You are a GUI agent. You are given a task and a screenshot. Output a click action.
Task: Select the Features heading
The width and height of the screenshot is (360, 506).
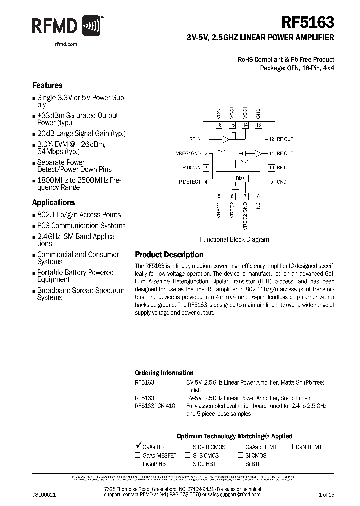[x=47, y=85]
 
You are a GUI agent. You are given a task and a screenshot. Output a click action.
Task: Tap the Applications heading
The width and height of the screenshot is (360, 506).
[x=53, y=202]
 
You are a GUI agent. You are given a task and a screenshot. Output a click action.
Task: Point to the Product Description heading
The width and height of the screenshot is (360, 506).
[x=169, y=255]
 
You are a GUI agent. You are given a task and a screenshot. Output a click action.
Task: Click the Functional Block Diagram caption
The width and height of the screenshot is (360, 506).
[x=234, y=239]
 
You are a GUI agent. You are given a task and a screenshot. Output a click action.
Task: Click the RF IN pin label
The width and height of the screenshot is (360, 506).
[x=195, y=139]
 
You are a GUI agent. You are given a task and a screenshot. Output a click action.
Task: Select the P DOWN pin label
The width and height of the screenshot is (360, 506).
[x=191, y=168]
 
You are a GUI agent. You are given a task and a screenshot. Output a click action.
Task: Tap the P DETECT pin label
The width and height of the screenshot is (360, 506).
[x=190, y=182]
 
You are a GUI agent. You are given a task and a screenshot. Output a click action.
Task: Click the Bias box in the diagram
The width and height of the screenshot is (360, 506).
[x=239, y=178]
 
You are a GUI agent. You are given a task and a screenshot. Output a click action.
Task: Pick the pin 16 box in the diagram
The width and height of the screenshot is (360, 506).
[x=219, y=125]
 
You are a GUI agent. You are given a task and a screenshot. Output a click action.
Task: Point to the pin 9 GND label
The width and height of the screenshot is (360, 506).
[x=282, y=182]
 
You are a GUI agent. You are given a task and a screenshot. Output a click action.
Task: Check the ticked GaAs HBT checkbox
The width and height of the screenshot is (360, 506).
[x=138, y=447]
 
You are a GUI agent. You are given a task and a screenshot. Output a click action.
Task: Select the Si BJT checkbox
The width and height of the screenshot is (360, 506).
[x=240, y=464]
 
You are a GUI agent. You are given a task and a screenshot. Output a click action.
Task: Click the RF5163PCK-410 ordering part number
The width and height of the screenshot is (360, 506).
[x=155, y=406]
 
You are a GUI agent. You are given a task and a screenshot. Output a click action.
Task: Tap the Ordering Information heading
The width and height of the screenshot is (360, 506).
[x=164, y=373]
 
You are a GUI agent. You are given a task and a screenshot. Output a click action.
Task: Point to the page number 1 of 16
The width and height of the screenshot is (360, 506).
[x=326, y=494]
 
